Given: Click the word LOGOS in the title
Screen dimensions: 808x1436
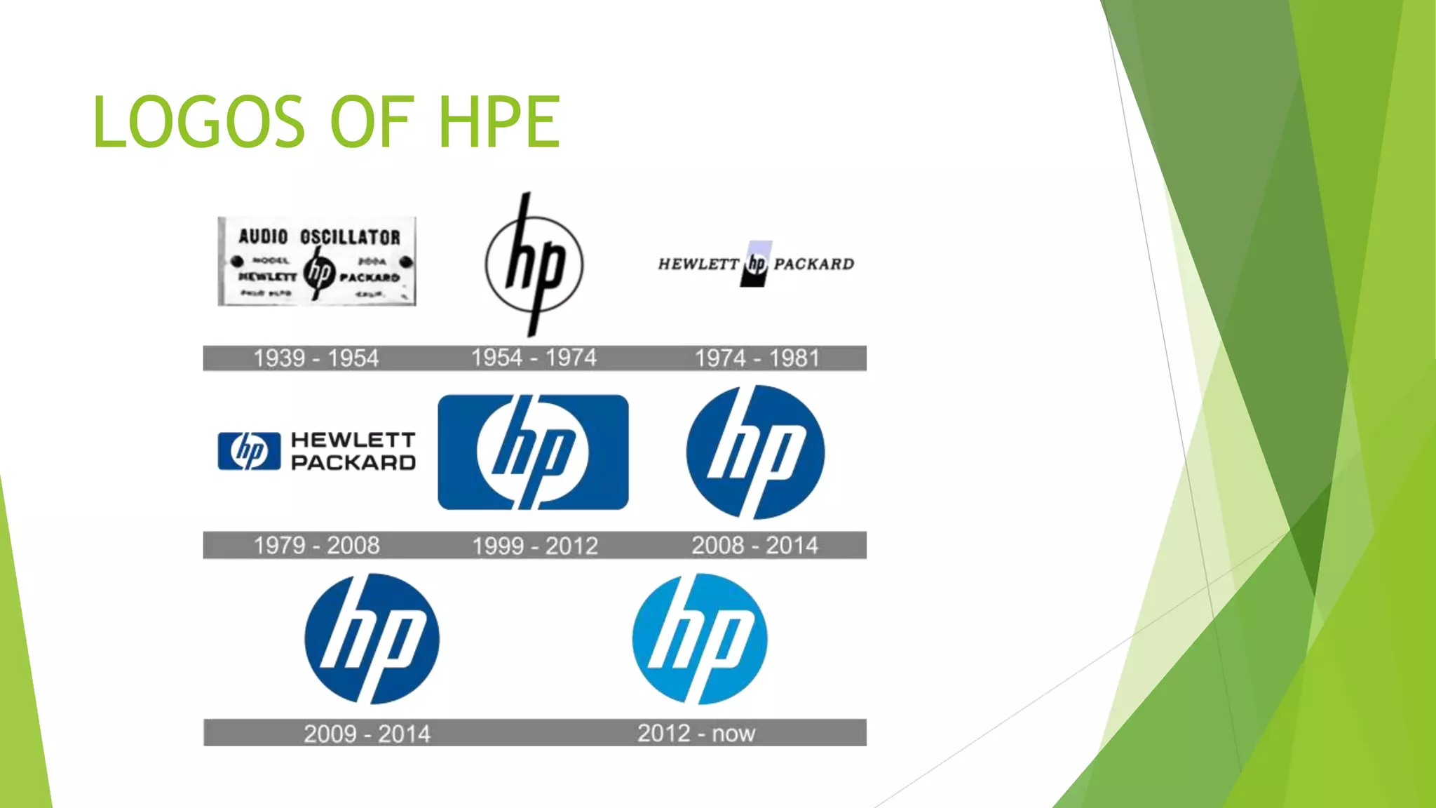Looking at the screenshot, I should (x=198, y=122).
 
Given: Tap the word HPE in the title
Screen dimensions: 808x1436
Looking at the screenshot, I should (x=499, y=122).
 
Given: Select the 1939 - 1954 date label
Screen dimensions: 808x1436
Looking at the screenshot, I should (x=316, y=358).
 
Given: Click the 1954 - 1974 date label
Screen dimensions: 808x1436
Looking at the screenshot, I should (x=534, y=358).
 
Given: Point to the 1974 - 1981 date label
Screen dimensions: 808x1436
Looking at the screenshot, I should (x=757, y=358).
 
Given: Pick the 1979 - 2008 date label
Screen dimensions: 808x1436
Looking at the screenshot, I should (x=316, y=545).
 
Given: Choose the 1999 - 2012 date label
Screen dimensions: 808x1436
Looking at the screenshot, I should (x=534, y=546).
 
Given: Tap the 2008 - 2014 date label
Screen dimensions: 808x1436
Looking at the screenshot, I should (x=754, y=545).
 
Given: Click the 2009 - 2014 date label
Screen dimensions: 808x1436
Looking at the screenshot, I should (x=367, y=734).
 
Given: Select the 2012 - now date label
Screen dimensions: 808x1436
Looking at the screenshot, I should (x=696, y=733).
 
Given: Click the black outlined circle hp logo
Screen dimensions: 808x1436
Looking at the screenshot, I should (x=534, y=265).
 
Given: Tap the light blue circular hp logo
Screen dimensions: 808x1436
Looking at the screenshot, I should (x=699, y=639).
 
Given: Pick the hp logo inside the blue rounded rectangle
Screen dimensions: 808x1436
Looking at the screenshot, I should (x=533, y=452).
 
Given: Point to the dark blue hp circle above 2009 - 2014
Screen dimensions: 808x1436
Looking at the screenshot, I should (x=372, y=639).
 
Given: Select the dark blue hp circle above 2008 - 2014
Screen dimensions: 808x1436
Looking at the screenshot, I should (x=755, y=452).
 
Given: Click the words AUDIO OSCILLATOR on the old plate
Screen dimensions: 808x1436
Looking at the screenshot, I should (x=319, y=237).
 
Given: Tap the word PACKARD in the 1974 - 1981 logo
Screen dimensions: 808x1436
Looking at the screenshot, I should (x=813, y=264).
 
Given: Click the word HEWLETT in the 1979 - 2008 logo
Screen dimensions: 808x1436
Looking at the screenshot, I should (x=353, y=440).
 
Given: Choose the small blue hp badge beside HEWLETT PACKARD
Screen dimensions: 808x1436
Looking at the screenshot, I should (x=249, y=451).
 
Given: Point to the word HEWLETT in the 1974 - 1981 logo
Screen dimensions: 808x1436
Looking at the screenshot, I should (x=698, y=264).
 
